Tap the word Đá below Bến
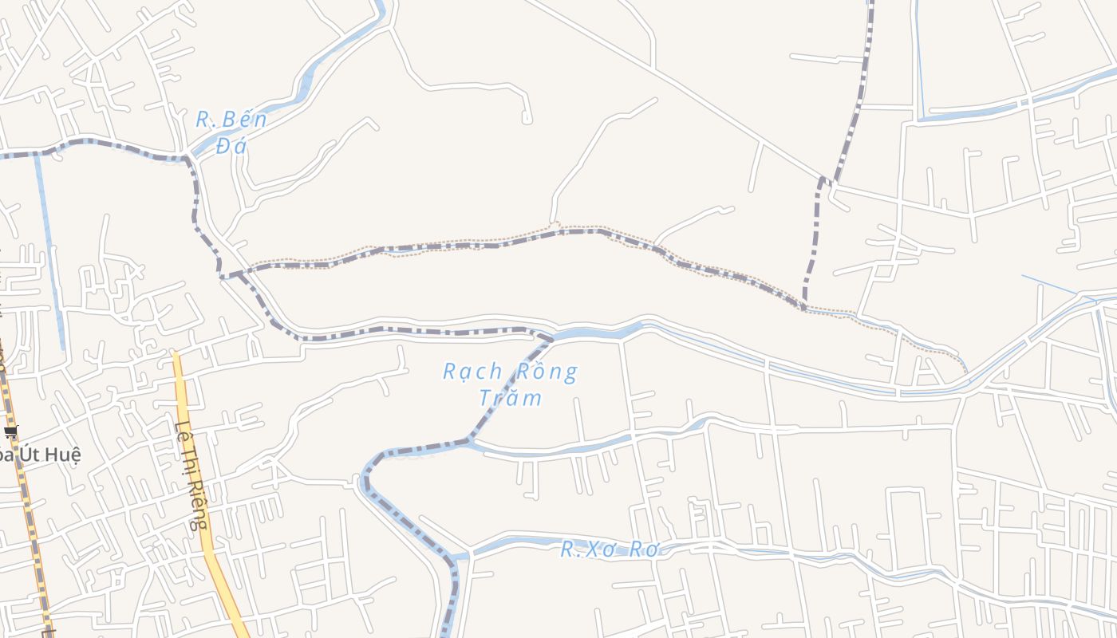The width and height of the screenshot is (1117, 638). pos(231,146)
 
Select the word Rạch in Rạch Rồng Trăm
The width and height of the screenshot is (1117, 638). pos(473,372)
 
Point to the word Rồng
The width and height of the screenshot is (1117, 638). pos(547,372)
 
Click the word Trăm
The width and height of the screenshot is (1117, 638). pos(510,397)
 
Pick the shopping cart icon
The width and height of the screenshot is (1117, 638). pos(10,432)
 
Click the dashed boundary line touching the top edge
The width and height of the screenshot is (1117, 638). pos(866,48)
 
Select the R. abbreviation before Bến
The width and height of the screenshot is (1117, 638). pos(206,120)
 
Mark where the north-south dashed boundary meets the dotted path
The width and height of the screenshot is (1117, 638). pos(804,306)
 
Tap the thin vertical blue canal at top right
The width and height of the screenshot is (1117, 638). pos(919,64)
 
